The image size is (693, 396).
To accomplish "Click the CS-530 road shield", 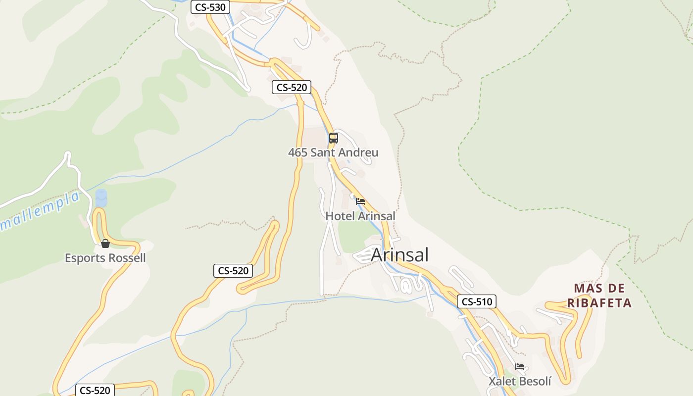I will tap(210, 7).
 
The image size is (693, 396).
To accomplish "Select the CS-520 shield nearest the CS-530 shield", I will tap(292, 88).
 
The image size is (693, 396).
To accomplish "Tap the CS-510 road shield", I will tap(476, 301).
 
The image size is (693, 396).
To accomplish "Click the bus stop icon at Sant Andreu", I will tap(334, 138).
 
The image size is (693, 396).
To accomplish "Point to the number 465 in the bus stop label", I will tap(297, 152).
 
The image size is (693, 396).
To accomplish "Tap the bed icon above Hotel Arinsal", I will tap(360, 201).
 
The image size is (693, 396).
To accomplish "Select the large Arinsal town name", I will tap(399, 255).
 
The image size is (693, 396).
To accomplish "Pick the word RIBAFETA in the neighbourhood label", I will tap(599, 303).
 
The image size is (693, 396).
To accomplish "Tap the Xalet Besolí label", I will tap(520, 381).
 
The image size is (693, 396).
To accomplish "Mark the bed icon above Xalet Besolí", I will tap(520, 367).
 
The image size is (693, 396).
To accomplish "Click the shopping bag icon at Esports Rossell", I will tap(105, 244).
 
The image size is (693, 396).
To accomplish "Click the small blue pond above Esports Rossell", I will tap(101, 198).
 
